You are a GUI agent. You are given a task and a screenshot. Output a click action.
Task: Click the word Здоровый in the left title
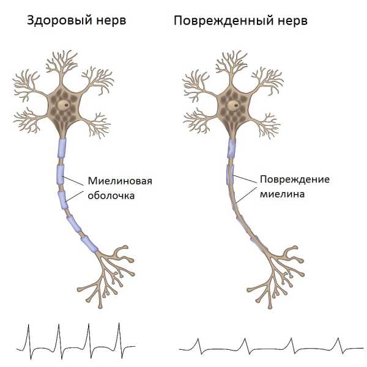[x=59, y=20]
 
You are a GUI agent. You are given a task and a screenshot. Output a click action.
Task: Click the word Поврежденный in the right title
[x=223, y=21]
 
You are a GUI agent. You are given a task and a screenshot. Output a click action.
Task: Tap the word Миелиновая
[x=120, y=180]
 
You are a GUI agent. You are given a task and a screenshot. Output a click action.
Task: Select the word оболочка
[x=111, y=196]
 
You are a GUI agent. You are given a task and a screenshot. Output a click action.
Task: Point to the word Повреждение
[x=295, y=179]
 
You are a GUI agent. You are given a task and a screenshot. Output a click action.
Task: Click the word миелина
[x=283, y=195]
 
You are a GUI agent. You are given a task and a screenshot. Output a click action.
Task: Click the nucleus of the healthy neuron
[x=64, y=105]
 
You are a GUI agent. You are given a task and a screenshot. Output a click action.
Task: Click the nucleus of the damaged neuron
[x=234, y=105]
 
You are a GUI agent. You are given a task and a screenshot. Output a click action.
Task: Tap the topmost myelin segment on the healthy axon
[x=62, y=148]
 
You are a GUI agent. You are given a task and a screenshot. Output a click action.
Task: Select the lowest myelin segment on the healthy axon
[x=89, y=244]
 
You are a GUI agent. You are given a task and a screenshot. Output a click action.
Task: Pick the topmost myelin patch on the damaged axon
[x=231, y=148]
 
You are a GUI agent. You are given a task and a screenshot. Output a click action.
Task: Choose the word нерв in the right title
[x=292, y=21]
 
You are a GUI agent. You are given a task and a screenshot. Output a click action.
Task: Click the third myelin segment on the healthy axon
[x=63, y=200]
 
